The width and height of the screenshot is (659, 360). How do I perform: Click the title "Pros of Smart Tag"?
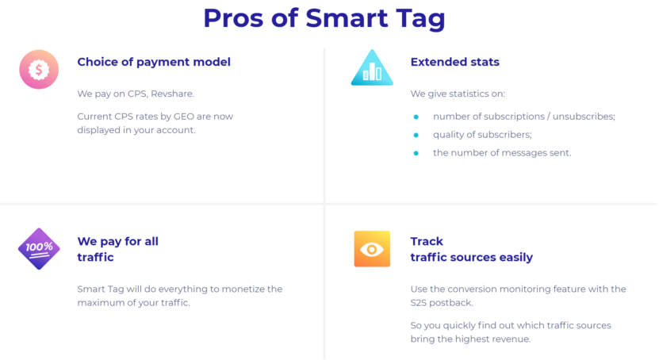coord(324,17)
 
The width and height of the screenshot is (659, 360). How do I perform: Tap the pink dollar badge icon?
coord(39,69)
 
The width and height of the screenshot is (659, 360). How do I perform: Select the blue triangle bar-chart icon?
coord(372,69)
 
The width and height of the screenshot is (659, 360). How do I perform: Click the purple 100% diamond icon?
coord(39,248)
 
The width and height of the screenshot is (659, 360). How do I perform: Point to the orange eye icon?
coord(372,249)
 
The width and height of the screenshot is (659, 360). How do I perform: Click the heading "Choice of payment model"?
coord(154,62)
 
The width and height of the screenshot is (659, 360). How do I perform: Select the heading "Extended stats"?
coord(454,62)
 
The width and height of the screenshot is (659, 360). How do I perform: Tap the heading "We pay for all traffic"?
coord(117,249)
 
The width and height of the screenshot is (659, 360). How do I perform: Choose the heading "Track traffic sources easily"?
coord(471,249)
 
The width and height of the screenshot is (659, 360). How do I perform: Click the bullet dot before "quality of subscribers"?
coord(416,135)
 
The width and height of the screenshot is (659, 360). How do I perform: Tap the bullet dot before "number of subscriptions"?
coord(416,117)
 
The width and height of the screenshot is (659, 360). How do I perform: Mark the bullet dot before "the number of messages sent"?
coord(416,153)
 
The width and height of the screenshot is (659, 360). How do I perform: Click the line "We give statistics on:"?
coord(452,94)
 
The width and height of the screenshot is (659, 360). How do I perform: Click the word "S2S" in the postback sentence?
coord(420,303)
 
